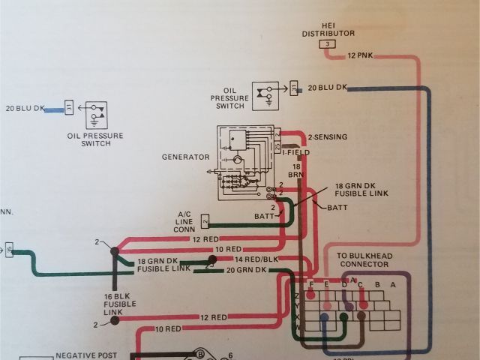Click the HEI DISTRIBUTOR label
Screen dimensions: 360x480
pyautogui.click(x=327, y=29)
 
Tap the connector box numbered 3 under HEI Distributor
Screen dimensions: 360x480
pyautogui.click(x=327, y=45)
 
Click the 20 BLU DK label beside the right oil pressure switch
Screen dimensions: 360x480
pyautogui.click(x=328, y=88)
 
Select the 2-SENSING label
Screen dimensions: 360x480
pyautogui.click(x=327, y=138)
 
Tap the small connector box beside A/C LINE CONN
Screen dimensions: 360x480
pyautogui.click(x=205, y=220)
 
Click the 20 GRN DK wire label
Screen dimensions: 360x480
pyautogui.click(x=246, y=269)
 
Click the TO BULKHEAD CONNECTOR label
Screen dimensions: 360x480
pyautogui.click(x=364, y=259)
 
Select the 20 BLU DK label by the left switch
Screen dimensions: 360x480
pyautogui.click(x=25, y=109)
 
